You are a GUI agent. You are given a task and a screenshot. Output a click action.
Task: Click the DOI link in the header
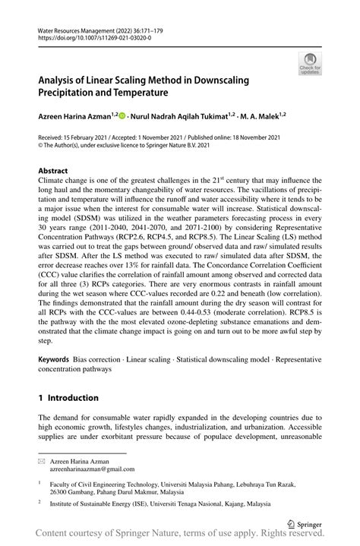[x=84, y=36]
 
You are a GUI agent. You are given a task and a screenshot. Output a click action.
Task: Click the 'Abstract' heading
[x=53, y=171]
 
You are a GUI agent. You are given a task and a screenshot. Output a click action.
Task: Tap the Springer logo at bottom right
[x=305, y=523]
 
